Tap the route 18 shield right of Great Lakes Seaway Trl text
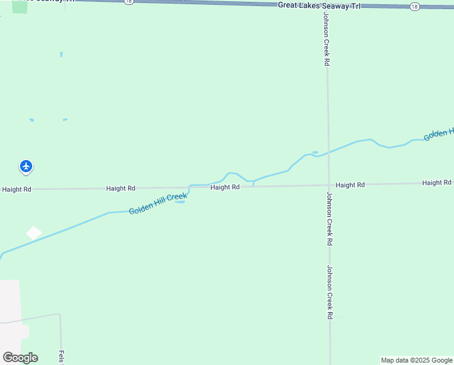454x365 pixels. [x=414, y=6]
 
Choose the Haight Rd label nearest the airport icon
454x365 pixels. [x=16, y=189]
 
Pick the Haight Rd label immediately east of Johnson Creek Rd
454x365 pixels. [x=350, y=184]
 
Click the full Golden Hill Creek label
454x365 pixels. [x=158, y=203]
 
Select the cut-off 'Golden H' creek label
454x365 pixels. [x=439, y=134]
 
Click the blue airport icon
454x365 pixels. [x=26, y=165]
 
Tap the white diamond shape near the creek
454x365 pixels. [x=34, y=233]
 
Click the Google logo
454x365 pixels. [x=20, y=358]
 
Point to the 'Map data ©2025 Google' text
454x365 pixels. [x=417, y=360]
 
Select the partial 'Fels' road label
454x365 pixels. [x=61, y=357]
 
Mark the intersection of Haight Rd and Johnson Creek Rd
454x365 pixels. [x=328, y=185]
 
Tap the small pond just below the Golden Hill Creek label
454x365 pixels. [x=180, y=202]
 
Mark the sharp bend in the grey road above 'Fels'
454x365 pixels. [x=59, y=315]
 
